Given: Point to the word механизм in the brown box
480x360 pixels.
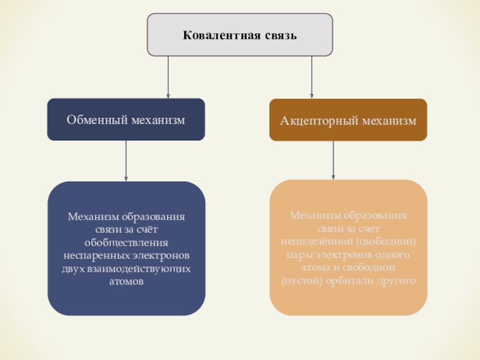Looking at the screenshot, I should click(387, 121).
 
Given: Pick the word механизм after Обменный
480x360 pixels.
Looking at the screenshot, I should click(156, 121).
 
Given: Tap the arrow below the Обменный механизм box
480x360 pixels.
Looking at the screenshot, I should click(126, 160).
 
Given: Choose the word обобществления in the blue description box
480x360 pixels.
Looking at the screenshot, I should click(126, 243).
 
